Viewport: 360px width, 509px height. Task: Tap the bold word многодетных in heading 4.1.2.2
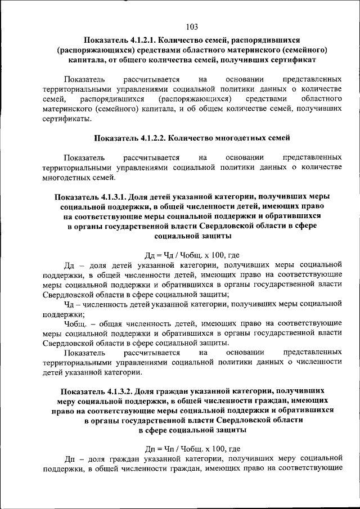[245, 137]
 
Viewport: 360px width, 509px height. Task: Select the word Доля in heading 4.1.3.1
[137, 196]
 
